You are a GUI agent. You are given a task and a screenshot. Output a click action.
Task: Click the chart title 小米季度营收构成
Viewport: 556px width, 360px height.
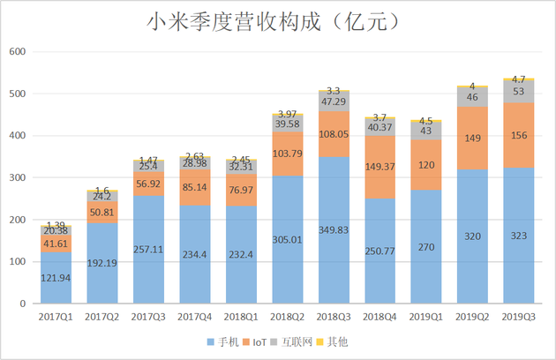point(278,20)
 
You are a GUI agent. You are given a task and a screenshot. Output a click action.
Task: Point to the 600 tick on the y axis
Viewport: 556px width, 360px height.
point(18,52)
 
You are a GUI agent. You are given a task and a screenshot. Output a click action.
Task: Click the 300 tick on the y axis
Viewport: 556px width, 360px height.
point(18,177)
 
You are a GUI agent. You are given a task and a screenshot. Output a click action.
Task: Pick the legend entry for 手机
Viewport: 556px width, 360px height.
point(228,341)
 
